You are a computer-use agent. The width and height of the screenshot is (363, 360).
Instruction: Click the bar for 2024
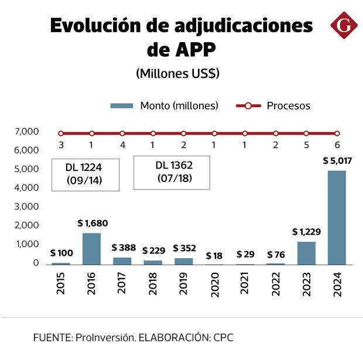(x=337, y=218)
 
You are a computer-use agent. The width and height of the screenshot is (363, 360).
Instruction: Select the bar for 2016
(x=92, y=249)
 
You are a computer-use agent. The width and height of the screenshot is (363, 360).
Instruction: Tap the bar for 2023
(x=306, y=253)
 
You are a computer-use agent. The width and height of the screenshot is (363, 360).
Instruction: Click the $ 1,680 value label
(x=93, y=223)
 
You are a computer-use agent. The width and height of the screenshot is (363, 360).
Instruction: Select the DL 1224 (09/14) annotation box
(x=85, y=174)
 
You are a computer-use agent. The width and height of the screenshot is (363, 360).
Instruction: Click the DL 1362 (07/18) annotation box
(x=172, y=172)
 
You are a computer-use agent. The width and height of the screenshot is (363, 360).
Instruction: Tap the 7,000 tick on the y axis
(x=27, y=132)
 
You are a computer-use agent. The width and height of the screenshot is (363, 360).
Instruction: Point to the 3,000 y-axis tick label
(x=27, y=207)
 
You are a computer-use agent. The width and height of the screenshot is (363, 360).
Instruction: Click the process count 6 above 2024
(x=337, y=145)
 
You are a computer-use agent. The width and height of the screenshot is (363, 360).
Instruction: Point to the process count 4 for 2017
(x=122, y=145)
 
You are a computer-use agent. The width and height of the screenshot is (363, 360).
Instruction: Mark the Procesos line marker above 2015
(x=61, y=133)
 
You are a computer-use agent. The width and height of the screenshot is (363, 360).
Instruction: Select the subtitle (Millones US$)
(x=177, y=74)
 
